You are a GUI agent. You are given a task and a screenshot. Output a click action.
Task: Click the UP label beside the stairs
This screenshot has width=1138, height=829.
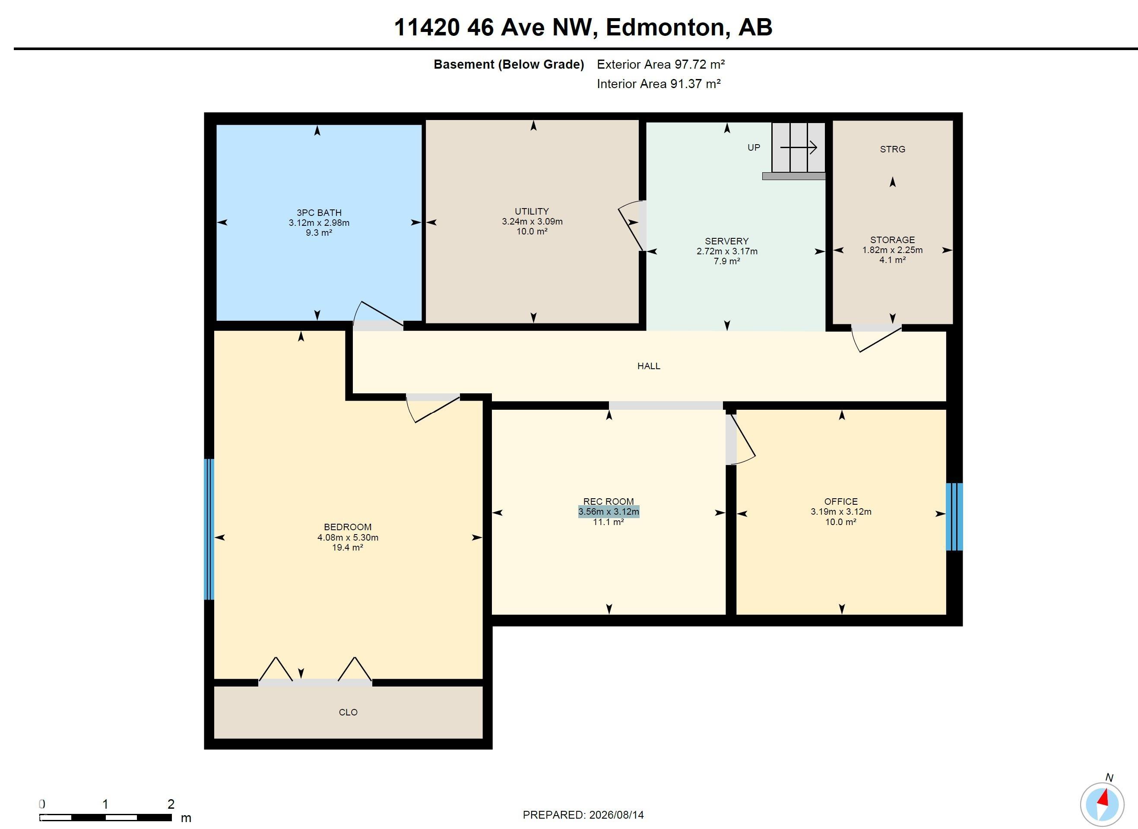click(x=754, y=148)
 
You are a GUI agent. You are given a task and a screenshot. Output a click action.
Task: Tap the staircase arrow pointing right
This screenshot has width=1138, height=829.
click(x=799, y=148)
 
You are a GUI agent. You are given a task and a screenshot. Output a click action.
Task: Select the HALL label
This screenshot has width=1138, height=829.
click(x=649, y=366)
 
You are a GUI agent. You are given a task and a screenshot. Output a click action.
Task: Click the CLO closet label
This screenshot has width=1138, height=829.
click(x=348, y=712)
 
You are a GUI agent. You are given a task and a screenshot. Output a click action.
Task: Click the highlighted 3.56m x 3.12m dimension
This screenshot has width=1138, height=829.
click(x=609, y=512)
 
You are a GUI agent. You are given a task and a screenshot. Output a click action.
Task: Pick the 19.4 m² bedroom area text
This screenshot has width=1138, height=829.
click(x=347, y=547)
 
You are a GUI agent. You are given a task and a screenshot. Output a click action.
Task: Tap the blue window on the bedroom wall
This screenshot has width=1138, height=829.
click(x=209, y=529)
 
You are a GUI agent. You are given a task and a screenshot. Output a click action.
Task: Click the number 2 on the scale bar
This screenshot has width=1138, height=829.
click(x=171, y=804)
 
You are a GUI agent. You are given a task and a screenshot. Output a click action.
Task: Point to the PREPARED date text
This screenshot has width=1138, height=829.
click(x=583, y=815)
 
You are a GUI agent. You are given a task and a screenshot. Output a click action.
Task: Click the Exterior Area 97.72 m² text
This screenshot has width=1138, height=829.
click(x=661, y=64)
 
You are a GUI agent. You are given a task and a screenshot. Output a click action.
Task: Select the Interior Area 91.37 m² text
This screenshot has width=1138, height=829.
click(x=659, y=84)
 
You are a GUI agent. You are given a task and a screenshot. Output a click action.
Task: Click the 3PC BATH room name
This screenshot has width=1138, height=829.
click(x=319, y=213)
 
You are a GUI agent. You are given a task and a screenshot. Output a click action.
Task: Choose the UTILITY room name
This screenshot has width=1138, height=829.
click(x=532, y=211)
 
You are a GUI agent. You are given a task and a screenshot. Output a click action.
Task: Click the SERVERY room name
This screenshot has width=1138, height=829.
click(x=726, y=241)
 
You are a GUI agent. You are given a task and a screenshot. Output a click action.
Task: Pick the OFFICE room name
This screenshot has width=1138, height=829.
click(x=841, y=501)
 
